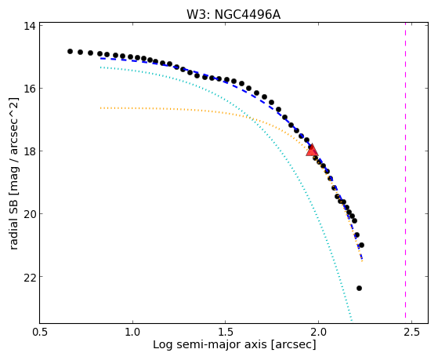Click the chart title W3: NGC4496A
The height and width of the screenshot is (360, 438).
233,14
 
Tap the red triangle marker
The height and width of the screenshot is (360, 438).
312,151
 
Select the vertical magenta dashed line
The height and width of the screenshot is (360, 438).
405,173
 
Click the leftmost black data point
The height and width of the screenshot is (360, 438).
70,51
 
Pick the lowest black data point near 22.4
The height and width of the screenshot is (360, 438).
359,288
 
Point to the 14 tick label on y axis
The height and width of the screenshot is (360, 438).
30,26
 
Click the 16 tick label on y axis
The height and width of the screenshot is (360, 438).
30,89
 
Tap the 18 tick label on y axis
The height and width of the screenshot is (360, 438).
30,151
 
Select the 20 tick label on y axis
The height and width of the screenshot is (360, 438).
30,213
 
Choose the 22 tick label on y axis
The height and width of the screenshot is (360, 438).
30,277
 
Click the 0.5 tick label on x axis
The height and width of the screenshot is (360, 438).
40,332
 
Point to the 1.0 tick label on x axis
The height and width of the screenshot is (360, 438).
132,332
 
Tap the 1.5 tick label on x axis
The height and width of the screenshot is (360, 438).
226,332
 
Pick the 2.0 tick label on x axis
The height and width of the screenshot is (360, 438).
318,332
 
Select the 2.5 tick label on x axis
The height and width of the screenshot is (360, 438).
411,332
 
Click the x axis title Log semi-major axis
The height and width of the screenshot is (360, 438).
210,345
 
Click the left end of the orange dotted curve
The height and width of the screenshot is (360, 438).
100,107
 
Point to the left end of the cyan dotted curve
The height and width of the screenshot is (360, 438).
100,67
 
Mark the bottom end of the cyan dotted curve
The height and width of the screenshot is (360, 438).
351,321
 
